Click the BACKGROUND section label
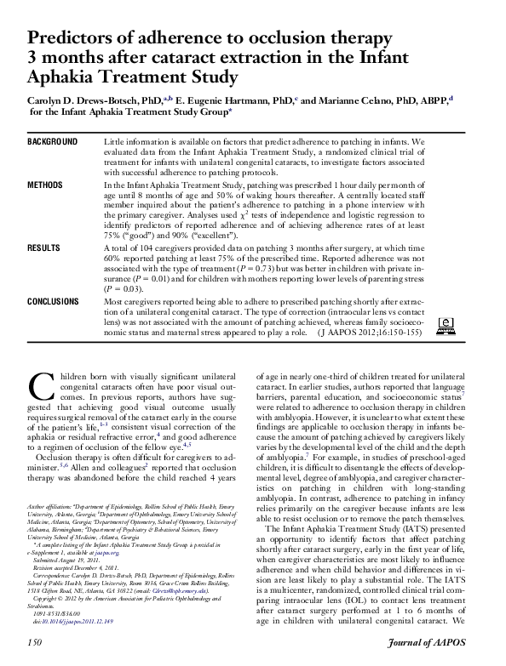pos(53,140)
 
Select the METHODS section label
pos(45,184)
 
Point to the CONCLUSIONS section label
pos(55,301)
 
